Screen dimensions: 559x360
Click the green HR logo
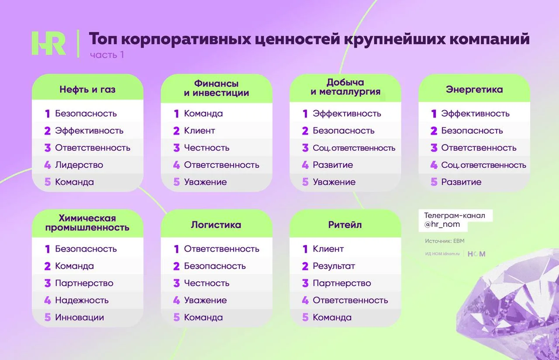pos(48,43)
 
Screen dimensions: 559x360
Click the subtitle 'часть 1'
pos(107,55)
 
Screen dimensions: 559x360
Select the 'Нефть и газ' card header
pos(88,89)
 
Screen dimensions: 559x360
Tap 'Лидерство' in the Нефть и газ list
pos(79,165)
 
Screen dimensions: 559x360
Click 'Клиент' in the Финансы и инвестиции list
pos(200,131)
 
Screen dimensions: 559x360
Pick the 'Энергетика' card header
pos(474,89)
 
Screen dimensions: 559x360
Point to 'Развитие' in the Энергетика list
pos(461,182)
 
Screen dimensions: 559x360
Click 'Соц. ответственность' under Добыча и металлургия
pos(354,148)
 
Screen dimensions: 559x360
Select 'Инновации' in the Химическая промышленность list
pos(79,317)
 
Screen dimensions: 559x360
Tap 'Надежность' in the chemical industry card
pos(82,300)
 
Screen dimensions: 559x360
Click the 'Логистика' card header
pos(216,225)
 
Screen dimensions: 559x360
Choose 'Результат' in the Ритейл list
pos(334,266)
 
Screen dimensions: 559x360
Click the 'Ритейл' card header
pos(345,225)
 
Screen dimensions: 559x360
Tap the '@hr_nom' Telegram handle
pos(442,224)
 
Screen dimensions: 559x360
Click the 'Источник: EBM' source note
pos(445,241)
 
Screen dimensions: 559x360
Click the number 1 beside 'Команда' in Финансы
pos(176,114)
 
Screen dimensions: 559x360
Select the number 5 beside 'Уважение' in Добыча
pos(305,182)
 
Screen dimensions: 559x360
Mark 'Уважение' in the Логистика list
pos(205,300)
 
